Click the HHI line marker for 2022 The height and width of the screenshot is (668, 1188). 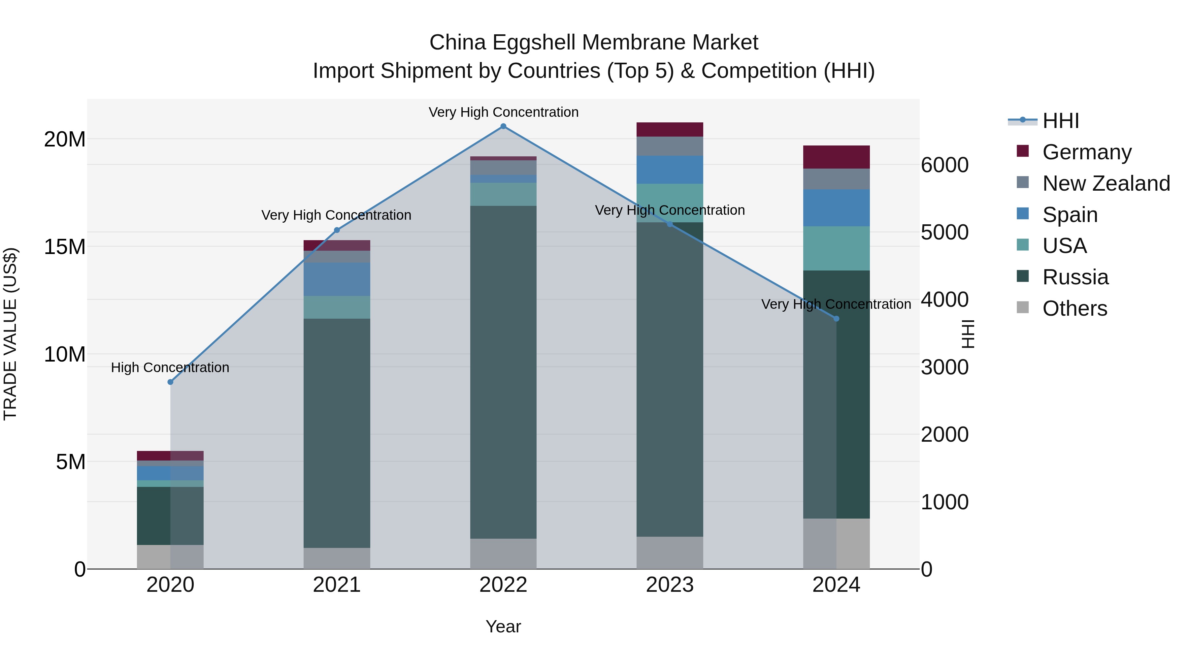click(503, 126)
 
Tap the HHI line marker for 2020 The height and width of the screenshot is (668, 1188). click(170, 382)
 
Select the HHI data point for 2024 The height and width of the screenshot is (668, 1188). click(836, 319)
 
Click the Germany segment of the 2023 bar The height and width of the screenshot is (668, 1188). click(670, 130)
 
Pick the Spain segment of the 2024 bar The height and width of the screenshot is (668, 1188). click(836, 208)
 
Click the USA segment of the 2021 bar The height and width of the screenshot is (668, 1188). click(337, 307)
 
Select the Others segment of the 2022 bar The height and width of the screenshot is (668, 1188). click(503, 554)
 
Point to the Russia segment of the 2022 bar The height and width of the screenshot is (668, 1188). click(503, 372)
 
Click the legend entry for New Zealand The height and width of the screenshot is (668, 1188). click(1106, 183)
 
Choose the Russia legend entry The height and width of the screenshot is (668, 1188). click(1075, 277)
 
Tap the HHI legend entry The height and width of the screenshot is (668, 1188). click(1060, 121)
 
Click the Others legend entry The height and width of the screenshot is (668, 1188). click(1074, 308)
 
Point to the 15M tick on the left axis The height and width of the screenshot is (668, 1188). click(65, 247)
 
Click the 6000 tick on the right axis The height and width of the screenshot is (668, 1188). click(944, 165)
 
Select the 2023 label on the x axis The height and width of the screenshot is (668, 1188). click(670, 585)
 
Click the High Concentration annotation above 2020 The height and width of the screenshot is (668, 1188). click(170, 367)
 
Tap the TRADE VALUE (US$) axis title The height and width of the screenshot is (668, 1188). click(10, 334)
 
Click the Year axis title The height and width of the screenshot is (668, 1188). click(503, 626)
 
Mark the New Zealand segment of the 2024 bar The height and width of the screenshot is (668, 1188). click(836, 179)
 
